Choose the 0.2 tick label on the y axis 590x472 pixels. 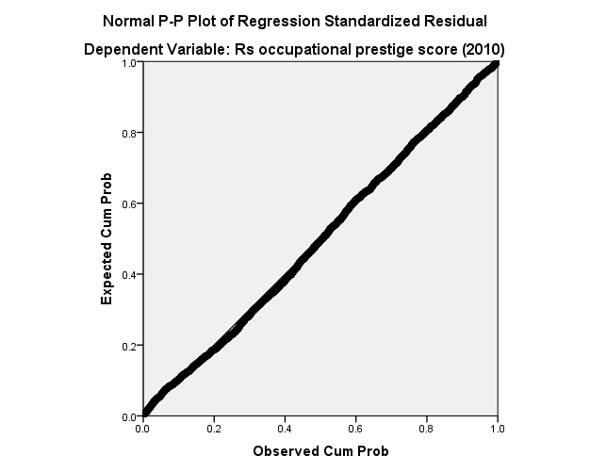click(x=129, y=345)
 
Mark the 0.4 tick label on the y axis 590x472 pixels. click(x=129, y=274)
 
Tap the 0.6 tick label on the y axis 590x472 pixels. click(x=129, y=203)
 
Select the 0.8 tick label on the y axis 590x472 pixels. click(x=129, y=133)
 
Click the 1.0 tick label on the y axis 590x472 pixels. click(x=129, y=63)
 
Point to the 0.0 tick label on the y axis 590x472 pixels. click(x=129, y=415)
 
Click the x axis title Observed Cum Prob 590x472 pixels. click(x=320, y=451)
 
